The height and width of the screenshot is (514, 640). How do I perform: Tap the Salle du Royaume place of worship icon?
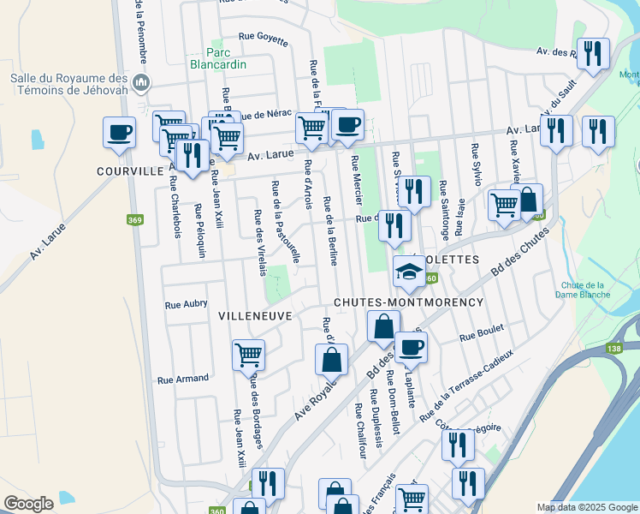click(142, 83)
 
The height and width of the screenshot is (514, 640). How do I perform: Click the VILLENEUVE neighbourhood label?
click(256, 315)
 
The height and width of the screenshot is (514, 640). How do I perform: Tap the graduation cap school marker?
click(409, 272)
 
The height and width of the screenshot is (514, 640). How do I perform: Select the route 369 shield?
click(134, 221)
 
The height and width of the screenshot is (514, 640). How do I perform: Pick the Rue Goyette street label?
click(263, 37)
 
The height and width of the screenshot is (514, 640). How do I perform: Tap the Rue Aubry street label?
click(186, 303)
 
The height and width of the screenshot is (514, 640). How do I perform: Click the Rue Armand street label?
click(183, 379)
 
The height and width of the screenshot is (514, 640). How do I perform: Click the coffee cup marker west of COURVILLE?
click(119, 134)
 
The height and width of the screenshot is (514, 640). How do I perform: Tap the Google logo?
click(29, 504)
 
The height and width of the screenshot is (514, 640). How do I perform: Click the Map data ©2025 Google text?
click(586, 507)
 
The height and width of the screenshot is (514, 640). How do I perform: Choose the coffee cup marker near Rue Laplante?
click(411, 348)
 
